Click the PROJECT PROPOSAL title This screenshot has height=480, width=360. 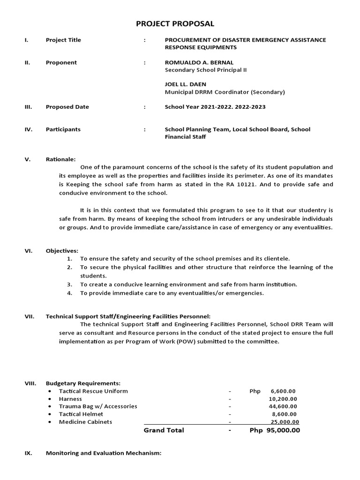[x=175, y=23]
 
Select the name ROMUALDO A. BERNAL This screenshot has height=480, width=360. [x=199, y=62]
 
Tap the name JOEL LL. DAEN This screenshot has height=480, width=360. [x=185, y=84]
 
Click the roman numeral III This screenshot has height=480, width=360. [x=28, y=107]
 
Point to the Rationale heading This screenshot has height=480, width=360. [x=60, y=159]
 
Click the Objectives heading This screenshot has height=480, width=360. [x=62, y=251]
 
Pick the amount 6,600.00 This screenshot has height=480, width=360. [x=283, y=391]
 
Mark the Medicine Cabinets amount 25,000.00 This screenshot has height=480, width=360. [x=285, y=422]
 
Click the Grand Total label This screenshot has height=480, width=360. [x=164, y=430]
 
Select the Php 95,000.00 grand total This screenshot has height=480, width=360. [x=275, y=430]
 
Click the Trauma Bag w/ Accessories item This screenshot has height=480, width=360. [x=98, y=406]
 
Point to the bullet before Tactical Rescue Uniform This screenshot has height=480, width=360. [x=50, y=391]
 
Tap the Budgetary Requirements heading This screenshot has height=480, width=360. [x=83, y=383]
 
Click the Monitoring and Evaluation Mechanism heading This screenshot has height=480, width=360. [x=103, y=453]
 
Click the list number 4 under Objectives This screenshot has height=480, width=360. [x=69, y=293]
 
